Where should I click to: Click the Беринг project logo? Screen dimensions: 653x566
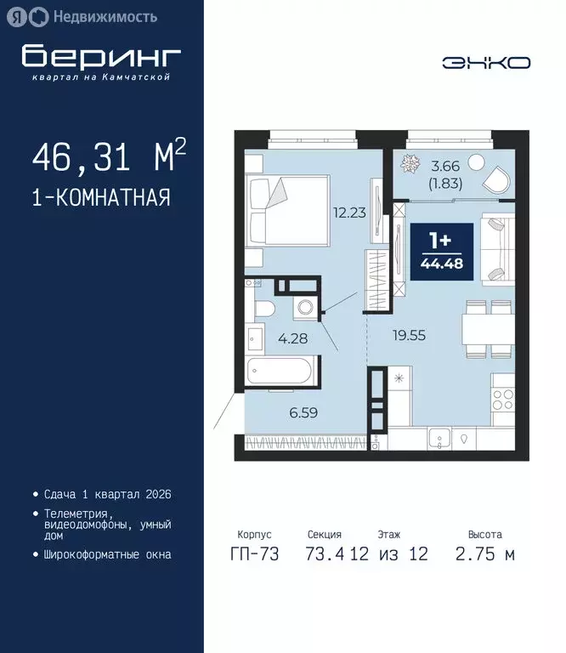pos(101,60)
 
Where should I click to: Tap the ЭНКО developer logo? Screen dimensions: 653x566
pos(486,62)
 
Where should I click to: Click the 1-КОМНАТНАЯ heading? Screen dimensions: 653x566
pos(100,197)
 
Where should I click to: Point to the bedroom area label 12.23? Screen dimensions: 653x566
pos(348,213)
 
